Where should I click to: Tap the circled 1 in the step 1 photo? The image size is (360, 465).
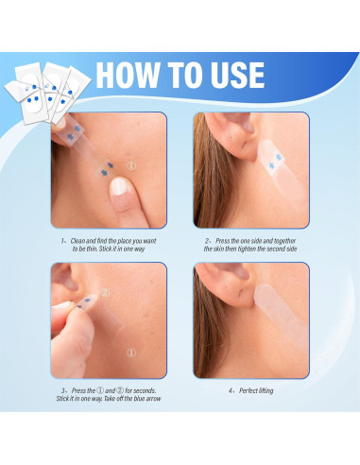(131, 167)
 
